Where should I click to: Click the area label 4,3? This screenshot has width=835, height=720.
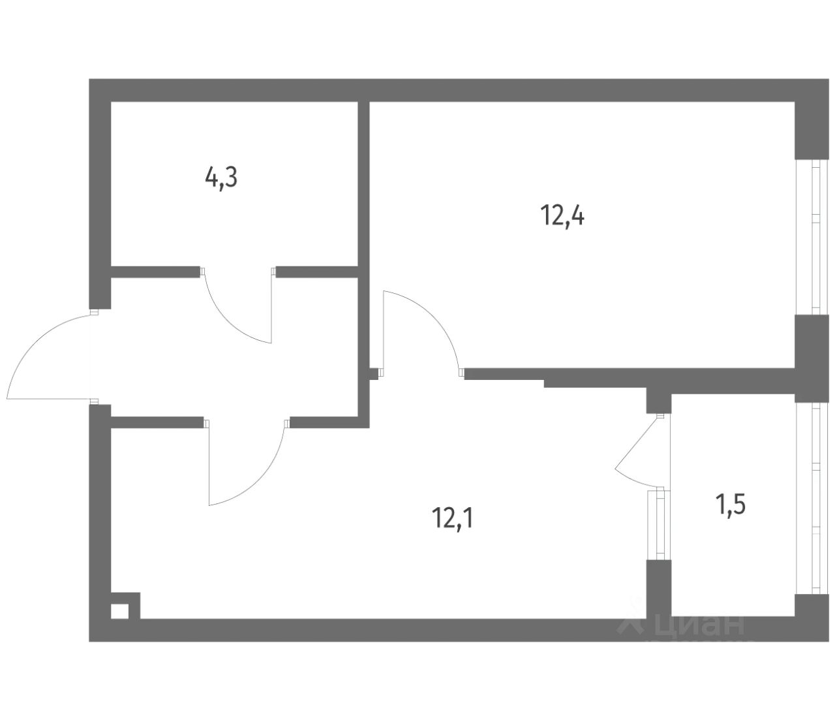point(221,178)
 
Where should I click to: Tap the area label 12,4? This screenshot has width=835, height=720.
point(562,214)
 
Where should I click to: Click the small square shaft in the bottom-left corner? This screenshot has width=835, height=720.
point(119,612)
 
